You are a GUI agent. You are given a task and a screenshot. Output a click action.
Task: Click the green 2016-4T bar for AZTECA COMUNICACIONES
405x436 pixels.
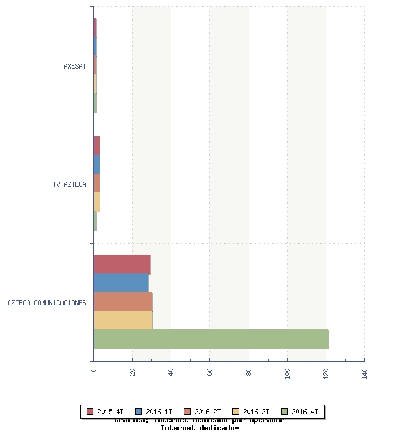tap(211, 339)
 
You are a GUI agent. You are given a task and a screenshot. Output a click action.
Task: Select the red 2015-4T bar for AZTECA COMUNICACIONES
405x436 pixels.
tap(121, 264)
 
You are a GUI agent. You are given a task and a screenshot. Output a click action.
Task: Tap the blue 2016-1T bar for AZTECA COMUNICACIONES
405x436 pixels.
tap(121, 283)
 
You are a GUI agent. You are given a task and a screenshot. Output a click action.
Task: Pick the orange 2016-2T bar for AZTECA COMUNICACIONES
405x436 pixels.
tap(123, 301)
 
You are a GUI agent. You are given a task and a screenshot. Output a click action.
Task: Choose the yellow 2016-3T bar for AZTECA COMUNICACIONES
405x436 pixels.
tap(123, 320)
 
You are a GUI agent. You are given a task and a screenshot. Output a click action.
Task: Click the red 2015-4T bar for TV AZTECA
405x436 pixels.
tap(97, 146)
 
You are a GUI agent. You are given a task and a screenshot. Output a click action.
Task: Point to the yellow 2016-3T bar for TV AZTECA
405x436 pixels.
tap(97, 202)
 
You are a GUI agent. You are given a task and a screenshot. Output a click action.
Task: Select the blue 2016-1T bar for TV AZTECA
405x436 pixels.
tap(97, 164)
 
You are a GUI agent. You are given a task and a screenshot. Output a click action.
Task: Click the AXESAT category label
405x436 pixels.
tap(75, 66)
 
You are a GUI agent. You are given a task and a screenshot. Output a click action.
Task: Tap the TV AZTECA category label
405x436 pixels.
tap(70, 184)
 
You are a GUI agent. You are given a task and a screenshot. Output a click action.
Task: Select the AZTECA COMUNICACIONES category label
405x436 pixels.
tap(47, 303)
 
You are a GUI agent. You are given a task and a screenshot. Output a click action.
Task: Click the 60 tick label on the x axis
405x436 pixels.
tap(209, 372)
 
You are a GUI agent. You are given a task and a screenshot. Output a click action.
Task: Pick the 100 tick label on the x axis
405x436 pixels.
tap(287, 374)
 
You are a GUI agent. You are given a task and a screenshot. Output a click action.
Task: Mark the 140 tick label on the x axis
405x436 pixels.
tap(364, 374)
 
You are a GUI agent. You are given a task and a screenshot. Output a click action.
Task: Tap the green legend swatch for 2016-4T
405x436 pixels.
tap(285, 412)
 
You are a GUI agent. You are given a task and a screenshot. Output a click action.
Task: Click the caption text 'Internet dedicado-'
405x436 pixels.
tap(199, 429)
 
